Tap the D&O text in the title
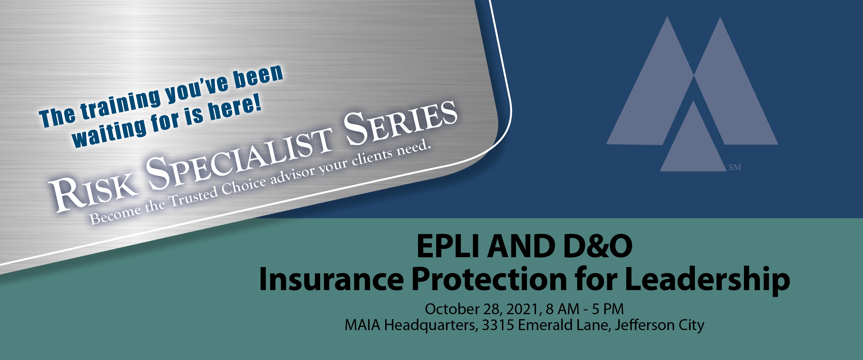(x=598, y=246)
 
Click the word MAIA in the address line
(x=362, y=325)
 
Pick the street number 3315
(x=498, y=325)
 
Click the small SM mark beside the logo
(x=735, y=167)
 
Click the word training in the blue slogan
(x=121, y=104)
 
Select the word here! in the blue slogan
(x=235, y=110)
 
